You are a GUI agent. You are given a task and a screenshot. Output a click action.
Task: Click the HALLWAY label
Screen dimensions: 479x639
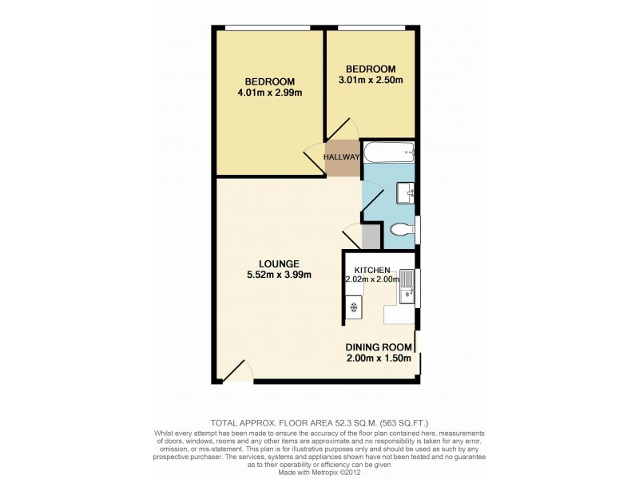point(342,157)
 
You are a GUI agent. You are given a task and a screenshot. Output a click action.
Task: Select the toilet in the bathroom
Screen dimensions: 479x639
point(400,231)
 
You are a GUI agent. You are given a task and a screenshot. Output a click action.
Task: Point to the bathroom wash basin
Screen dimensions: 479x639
point(405,192)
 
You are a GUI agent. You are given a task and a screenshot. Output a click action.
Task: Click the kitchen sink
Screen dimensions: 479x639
point(407,287)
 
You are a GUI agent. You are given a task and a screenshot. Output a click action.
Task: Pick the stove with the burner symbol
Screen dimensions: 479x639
point(353,307)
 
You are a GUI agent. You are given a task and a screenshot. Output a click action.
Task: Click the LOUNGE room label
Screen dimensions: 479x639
point(279,263)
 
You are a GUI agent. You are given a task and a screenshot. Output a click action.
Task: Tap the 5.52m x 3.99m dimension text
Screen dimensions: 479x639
point(279,275)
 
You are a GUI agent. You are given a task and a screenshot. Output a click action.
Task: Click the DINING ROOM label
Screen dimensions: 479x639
point(379,347)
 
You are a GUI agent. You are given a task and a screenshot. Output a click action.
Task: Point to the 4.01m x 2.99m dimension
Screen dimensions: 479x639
point(269,93)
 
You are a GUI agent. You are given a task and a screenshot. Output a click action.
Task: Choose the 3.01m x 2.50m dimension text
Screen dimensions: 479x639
point(370,79)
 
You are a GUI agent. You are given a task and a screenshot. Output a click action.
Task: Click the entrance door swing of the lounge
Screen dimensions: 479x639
point(238,370)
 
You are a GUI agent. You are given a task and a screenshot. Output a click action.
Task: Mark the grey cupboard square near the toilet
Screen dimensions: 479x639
point(371,237)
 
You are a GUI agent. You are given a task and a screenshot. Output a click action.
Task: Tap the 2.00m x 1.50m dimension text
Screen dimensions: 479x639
point(379,358)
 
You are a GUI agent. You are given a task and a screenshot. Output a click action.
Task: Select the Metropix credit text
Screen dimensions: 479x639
point(319,472)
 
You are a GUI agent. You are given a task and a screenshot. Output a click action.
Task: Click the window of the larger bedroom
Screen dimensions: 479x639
point(267,29)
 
